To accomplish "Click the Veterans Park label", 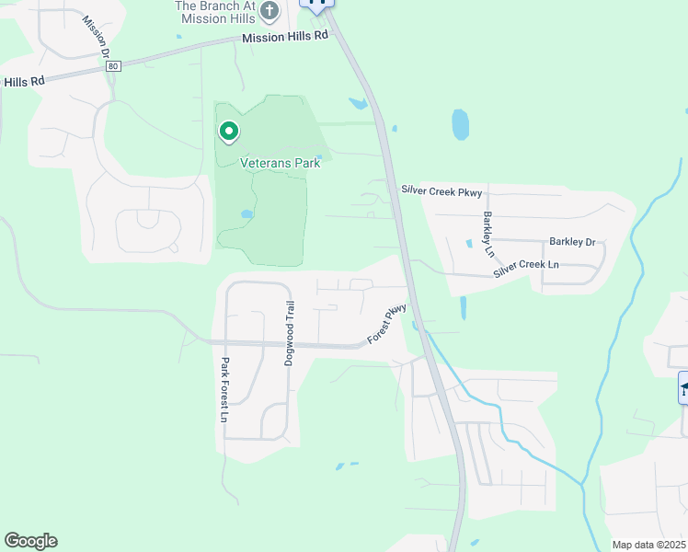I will (x=280, y=163).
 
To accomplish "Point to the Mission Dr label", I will (x=95, y=36).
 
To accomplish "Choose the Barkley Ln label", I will (x=488, y=235).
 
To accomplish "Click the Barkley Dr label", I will (x=572, y=242).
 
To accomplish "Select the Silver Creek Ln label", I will (x=525, y=269).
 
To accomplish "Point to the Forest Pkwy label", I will (x=387, y=324).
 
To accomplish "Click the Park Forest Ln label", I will (x=224, y=390).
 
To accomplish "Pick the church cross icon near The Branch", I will (x=269, y=11).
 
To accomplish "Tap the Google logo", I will (x=30, y=541).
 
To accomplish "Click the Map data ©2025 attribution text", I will (x=648, y=545).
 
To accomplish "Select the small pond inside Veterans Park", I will (x=247, y=214).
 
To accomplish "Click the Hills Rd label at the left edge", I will (x=24, y=81).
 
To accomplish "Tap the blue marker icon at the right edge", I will (x=683, y=387).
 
